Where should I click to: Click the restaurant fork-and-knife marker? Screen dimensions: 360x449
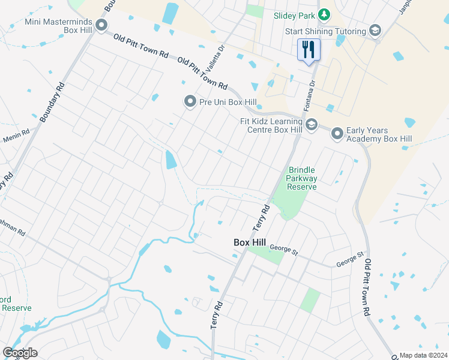(x=309, y=49)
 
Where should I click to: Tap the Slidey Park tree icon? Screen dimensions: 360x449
(x=324, y=14)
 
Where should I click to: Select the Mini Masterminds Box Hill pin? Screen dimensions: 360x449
(x=101, y=25)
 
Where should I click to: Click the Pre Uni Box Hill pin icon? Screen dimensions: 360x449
(x=190, y=101)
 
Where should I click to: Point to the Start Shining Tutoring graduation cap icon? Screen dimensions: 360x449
(x=375, y=31)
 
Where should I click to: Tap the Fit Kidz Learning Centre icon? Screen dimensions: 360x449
(x=311, y=124)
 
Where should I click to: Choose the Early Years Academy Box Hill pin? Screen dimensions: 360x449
(x=337, y=134)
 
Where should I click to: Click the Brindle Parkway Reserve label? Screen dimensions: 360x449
(x=301, y=178)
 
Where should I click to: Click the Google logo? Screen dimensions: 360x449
(x=20, y=353)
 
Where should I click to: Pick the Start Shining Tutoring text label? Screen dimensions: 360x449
(x=325, y=31)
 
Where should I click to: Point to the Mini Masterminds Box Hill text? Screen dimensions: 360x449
(x=60, y=25)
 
